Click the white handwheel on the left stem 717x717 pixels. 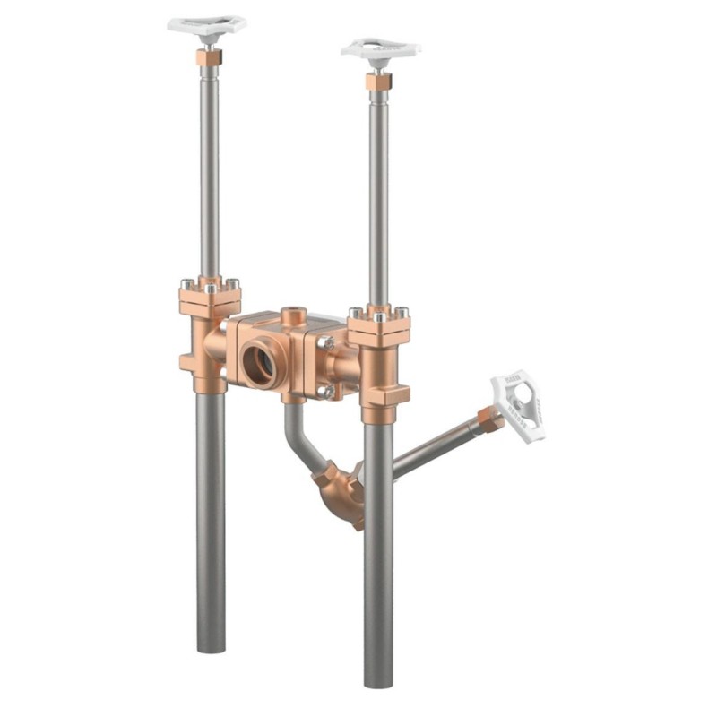click(x=207, y=25)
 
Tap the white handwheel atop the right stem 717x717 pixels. click(x=380, y=48)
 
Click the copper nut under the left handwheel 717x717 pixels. click(x=209, y=57)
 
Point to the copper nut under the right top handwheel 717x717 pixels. click(x=378, y=82)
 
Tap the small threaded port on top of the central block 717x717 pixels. click(x=293, y=316)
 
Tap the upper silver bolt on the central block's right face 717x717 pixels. click(x=330, y=342)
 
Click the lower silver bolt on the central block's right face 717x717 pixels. click(x=329, y=391)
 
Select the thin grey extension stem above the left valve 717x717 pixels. click(x=209, y=170)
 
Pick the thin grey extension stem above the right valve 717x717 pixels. click(x=378, y=197)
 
